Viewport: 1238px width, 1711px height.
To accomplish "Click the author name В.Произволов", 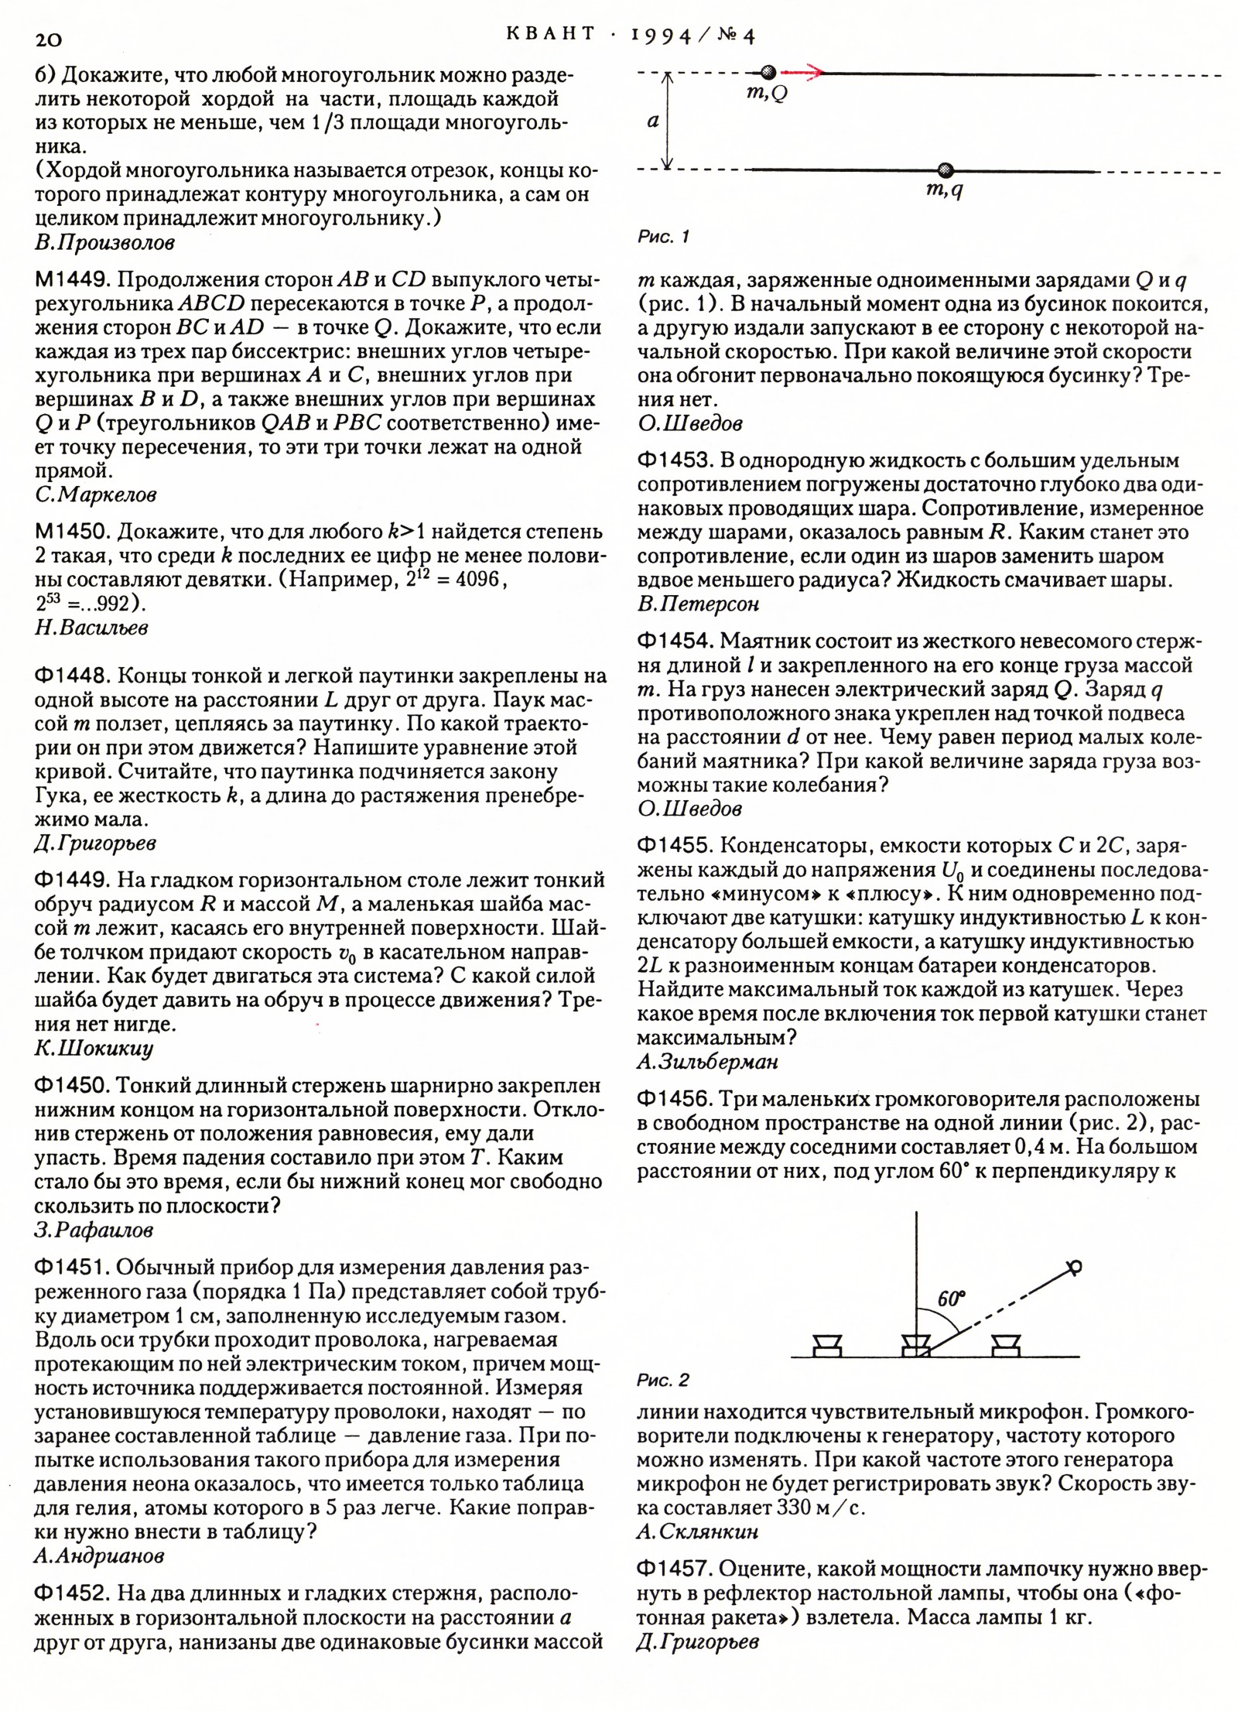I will click(104, 243).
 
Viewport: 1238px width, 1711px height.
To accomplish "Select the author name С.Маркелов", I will click(96, 494).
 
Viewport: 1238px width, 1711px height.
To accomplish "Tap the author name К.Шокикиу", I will click(94, 1049).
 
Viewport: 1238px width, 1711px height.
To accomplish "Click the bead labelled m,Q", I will click(768, 73).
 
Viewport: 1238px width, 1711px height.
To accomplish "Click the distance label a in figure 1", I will click(653, 121).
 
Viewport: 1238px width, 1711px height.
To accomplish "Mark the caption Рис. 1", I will click(663, 237).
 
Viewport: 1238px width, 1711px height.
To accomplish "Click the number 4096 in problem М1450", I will click(478, 580).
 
